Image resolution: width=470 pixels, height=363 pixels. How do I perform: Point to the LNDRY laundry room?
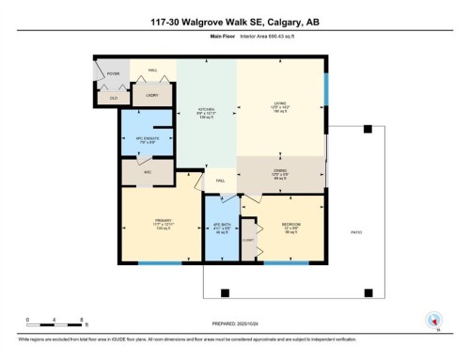pyautogui.click(x=151, y=95)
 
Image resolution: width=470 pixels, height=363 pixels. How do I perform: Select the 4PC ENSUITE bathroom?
pyautogui.click(x=145, y=141)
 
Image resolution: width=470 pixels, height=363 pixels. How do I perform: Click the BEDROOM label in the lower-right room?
pyautogui.click(x=290, y=226)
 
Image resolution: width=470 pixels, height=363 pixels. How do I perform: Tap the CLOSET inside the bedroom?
pyautogui.click(x=248, y=241)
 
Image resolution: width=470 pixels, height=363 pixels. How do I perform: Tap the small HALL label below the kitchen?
pyautogui.click(x=221, y=180)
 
